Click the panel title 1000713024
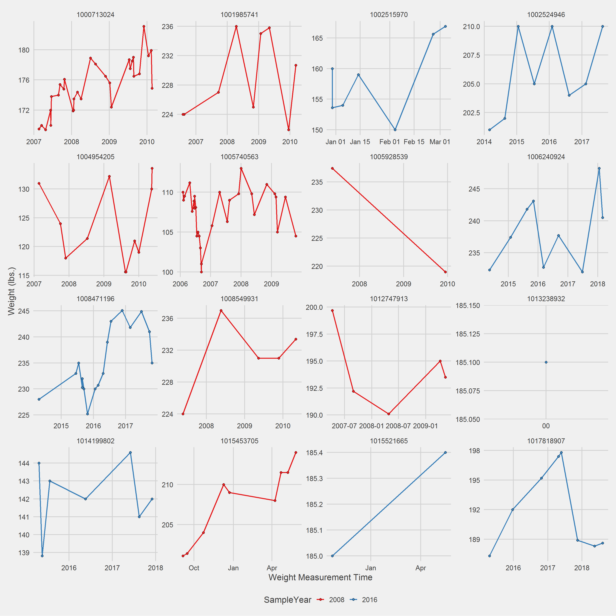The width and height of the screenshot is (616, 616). coord(95,15)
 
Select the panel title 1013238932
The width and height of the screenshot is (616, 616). coord(546,299)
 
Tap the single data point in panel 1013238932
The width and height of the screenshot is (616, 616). coord(546,362)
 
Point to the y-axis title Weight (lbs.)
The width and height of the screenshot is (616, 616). coord(11,291)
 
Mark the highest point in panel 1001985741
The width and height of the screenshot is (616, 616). coord(236,26)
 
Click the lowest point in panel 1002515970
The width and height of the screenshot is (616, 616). coord(395,130)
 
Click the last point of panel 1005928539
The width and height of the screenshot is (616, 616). coord(445,272)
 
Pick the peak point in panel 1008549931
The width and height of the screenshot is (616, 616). coord(221,311)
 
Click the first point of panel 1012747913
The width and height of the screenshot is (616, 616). coord(332,311)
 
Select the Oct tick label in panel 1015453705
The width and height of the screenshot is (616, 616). coord(194,568)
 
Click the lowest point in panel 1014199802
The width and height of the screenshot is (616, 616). coord(42,556)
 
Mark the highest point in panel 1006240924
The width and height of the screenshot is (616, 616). coord(599,168)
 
